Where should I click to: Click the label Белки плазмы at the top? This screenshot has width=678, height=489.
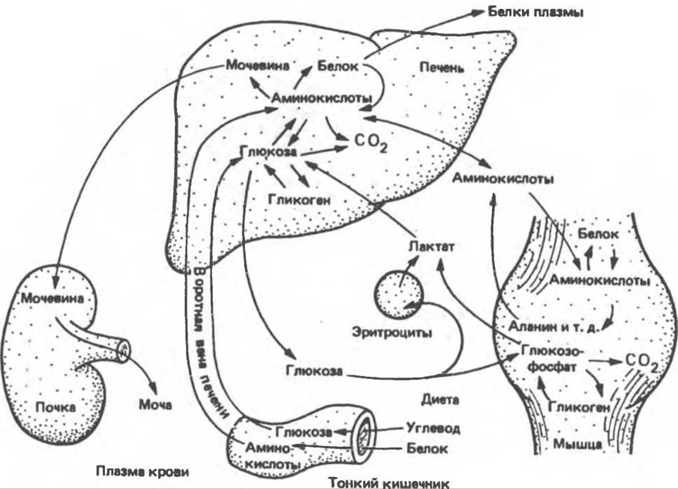536,12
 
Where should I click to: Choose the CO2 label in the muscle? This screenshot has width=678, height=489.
641,362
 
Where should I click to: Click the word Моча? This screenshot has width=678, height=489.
154,405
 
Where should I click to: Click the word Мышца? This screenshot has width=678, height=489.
578,445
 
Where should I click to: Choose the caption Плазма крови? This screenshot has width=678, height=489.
142,470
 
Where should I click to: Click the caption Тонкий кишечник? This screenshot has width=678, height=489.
389,482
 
